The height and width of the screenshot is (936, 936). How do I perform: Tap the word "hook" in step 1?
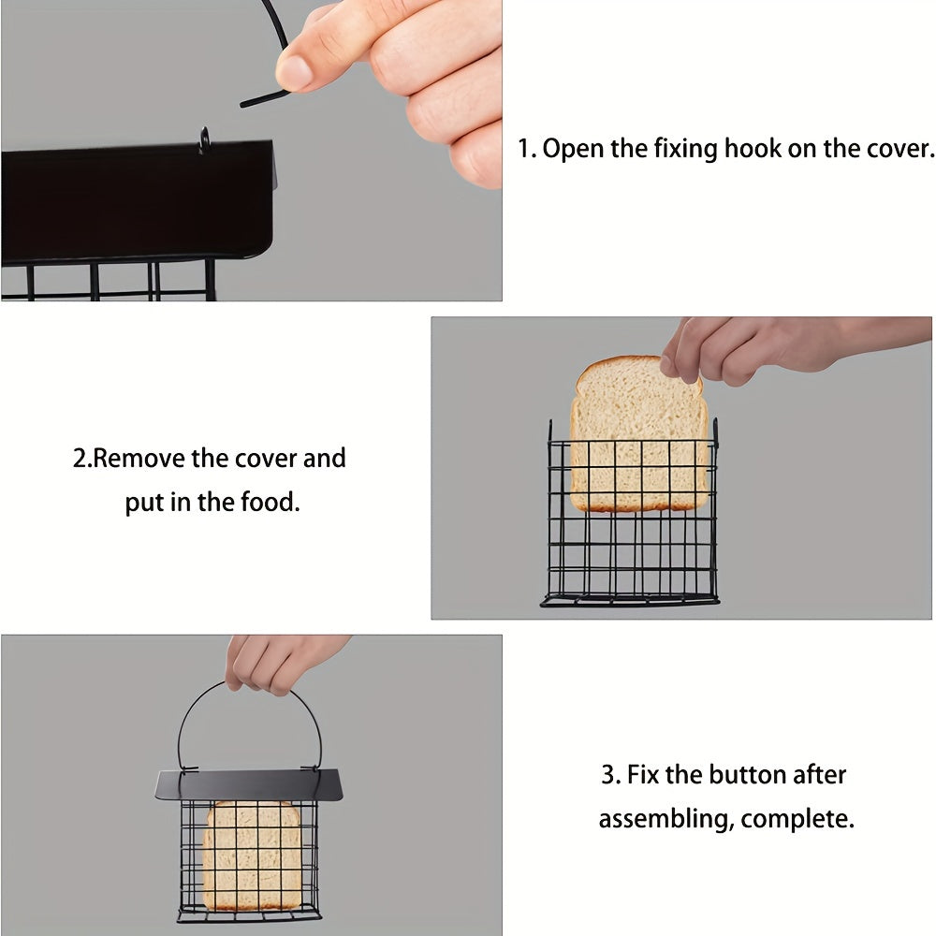click(754, 149)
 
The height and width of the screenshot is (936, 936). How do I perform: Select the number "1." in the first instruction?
click(528, 149)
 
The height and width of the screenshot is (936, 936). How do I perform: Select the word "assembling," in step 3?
click(665, 820)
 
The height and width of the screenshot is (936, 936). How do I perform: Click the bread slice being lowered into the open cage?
click(639, 435)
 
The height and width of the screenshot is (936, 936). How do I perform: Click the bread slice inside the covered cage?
click(253, 854)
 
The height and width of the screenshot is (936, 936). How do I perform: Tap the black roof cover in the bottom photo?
click(248, 784)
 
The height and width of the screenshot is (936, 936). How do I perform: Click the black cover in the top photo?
click(131, 201)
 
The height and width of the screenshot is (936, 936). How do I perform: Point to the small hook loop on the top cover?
click(204, 139)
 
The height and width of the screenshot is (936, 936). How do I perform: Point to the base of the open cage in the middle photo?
click(630, 599)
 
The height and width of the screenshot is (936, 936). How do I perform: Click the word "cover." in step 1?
click(899, 149)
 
